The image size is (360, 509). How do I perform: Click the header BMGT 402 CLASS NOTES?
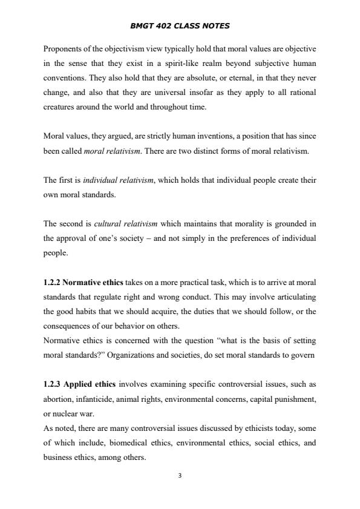click(180, 26)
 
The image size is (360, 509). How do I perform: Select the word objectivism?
click(125, 48)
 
